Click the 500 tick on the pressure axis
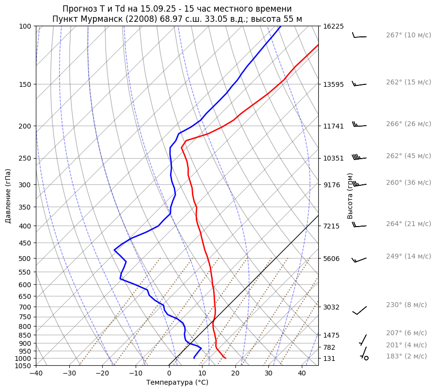pos(26,258)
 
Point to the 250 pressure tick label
pos(26,158)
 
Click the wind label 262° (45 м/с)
pos(408,156)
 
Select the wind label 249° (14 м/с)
pos(408,256)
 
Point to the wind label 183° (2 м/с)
pos(406,356)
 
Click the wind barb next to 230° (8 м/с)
pos(359,310)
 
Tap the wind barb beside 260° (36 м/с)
pos(359,184)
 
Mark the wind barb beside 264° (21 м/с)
pos(359,226)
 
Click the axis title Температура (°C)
pos(177,382)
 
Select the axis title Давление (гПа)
pos(8,196)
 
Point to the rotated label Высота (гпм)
pos(350,196)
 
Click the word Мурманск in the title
pos(100,19)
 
